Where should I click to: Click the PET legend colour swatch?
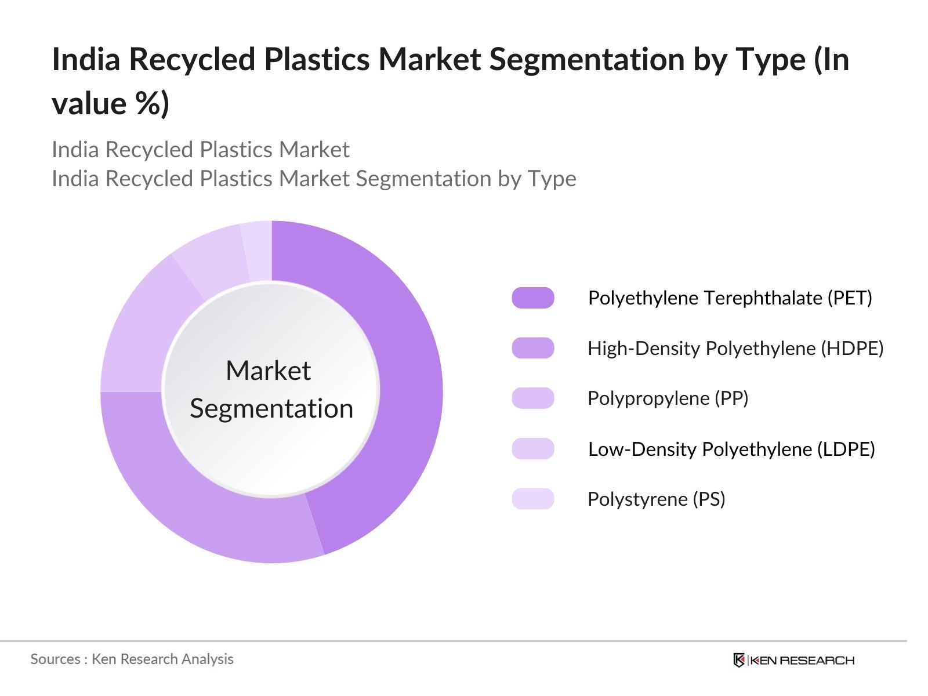(532, 298)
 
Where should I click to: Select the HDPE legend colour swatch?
(532, 348)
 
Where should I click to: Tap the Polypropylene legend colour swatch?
(532, 398)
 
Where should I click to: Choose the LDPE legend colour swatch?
(532, 449)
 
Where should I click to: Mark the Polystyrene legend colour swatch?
(532, 499)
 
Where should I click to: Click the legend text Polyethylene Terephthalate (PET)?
(730, 298)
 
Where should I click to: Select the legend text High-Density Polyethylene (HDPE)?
(735, 349)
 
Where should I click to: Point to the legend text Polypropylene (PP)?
(668, 398)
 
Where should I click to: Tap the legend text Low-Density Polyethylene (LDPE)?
(731, 449)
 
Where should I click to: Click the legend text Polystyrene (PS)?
(657, 499)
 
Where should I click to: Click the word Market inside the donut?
(269, 371)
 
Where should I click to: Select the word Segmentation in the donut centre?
(271, 409)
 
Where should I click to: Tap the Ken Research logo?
(793, 660)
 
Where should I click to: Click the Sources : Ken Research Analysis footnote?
(132, 659)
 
